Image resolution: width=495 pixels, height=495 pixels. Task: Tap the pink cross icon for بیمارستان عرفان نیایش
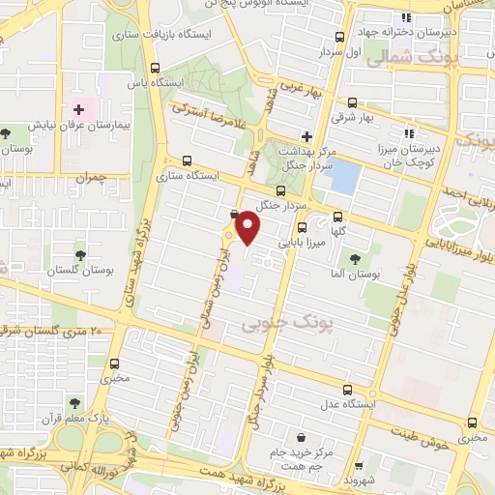click(79, 111)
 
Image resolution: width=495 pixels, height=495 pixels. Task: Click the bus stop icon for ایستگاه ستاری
click(187, 161)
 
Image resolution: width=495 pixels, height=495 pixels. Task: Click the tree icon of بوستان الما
click(355, 258)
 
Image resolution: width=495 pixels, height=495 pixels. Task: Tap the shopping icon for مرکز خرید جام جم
click(303, 437)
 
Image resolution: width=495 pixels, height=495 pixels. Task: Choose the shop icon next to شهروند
click(360, 465)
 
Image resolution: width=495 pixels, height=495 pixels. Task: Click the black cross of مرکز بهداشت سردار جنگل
click(306, 136)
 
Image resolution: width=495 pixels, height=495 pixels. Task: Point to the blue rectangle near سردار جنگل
click(346, 177)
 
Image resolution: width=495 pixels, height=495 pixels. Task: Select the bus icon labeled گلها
click(337, 218)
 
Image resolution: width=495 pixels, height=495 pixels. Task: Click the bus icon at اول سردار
click(338, 37)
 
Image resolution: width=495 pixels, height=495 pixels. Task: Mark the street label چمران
click(93, 179)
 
